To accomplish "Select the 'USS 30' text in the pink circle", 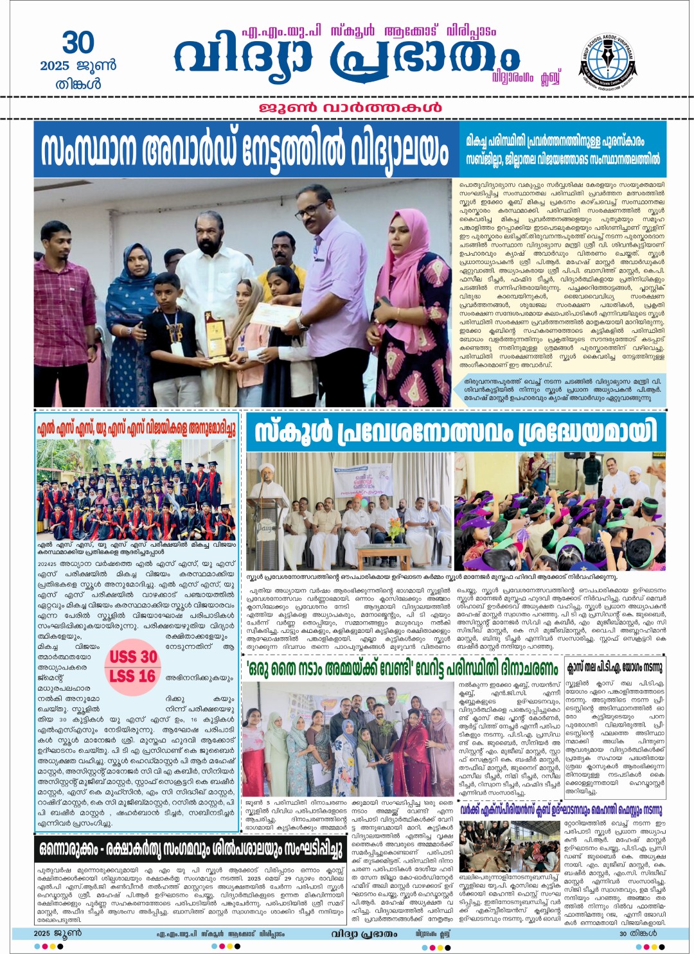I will coord(133,657).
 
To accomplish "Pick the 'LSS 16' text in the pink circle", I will coord(132,676).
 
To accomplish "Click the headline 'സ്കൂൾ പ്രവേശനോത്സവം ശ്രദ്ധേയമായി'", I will coord(456,432).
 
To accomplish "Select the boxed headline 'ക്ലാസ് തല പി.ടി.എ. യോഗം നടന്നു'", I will coord(614,668).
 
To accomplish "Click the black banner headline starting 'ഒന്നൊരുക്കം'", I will coord(190,849).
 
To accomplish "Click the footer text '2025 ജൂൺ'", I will coord(58,933).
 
